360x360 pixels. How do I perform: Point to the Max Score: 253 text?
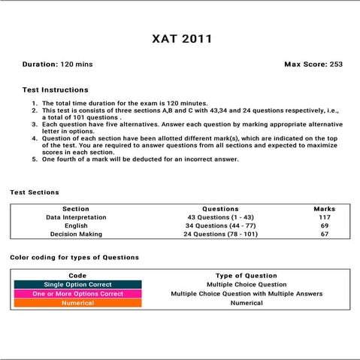[x=313, y=65]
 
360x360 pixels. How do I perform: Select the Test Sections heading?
[x=35, y=192]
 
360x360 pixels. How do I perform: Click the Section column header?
[x=76, y=209]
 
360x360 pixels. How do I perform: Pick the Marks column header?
[x=325, y=209]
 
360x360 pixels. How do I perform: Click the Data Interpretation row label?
[x=76, y=217]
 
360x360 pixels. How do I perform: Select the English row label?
[x=76, y=225]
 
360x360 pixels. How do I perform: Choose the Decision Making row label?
[x=76, y=234]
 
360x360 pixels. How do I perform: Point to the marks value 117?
[x=325, y=217]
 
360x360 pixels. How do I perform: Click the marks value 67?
[x=325, y=234]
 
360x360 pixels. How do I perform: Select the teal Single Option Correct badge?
[x=77, y=285]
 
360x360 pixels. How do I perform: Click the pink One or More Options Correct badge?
[x=77, y=294]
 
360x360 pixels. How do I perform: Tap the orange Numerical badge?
[x=77, y=303]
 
